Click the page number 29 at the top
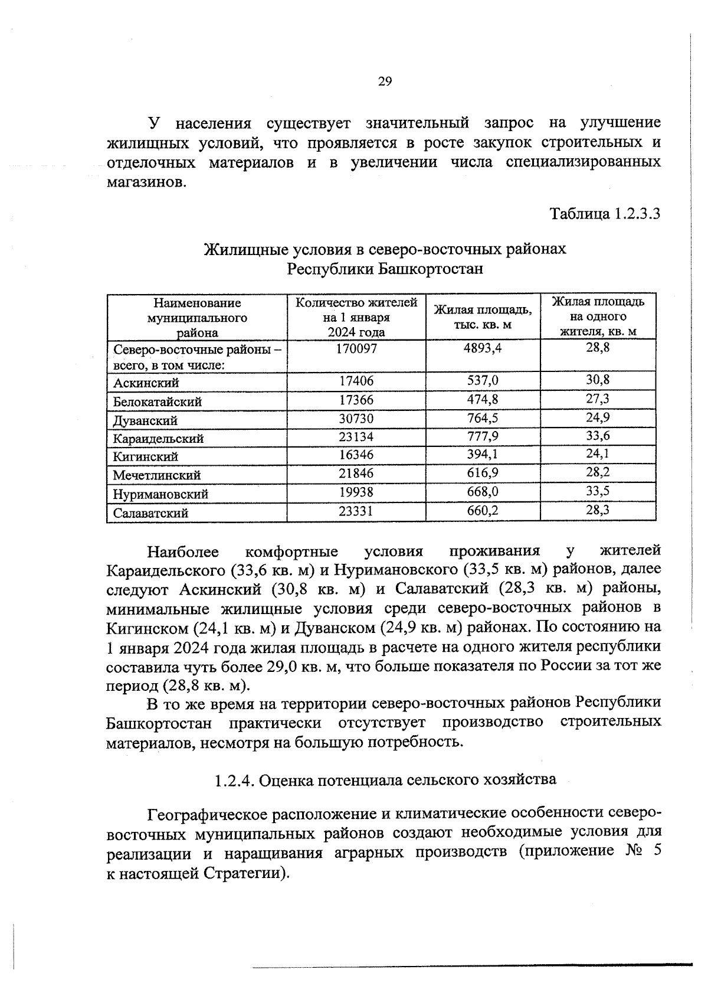(x=385, y=82)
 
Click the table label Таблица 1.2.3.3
(x=605, y=213)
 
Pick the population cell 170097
(x=356, y=349)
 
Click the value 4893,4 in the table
(x=483, y=348)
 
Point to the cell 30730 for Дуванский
(x=356, y=419)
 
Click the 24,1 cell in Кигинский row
(x=598, y=454)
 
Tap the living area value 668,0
(x=483, y=492)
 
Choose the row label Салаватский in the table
(x=151, y=513)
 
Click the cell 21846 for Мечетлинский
(x=356, y=473)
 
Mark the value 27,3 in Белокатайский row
(x=598, y=399)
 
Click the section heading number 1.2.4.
(x=234, y=781)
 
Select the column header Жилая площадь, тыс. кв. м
(x=483, y=317)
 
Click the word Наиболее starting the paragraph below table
(x=183, y=552)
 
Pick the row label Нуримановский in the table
(x=160, y=494)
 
